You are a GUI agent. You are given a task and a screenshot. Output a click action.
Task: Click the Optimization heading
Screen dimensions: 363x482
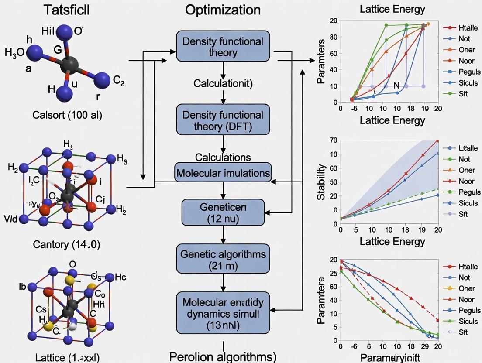coord(223,10)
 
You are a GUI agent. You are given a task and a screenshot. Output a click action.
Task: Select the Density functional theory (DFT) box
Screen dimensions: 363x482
coord(223,121)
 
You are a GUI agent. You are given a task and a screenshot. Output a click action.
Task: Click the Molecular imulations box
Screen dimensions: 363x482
coord(223,173)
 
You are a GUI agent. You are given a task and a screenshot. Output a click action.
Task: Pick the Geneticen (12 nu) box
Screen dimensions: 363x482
coord(223,212)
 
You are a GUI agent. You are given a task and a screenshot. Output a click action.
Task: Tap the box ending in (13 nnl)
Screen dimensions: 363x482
coord(223,313)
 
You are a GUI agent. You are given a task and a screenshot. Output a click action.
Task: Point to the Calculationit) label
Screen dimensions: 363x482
coord(223,84)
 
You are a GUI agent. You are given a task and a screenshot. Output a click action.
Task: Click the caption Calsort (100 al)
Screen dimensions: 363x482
coord(68,115)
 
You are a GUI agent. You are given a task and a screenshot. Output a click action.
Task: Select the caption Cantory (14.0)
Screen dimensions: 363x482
coord(66,244)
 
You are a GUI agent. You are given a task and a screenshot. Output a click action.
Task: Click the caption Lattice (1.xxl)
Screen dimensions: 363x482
coord(66,357)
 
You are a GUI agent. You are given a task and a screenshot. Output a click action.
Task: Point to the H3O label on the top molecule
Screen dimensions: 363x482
coord(14,53)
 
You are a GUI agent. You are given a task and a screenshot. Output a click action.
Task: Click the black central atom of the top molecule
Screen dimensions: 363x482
coord(70,65)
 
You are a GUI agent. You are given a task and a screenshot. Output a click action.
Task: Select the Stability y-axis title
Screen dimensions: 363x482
coord(322,182)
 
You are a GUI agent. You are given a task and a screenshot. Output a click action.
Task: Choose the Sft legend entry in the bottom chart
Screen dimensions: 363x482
coord(463,332)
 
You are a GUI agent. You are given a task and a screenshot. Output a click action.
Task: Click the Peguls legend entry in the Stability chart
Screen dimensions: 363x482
coord(469,192)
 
